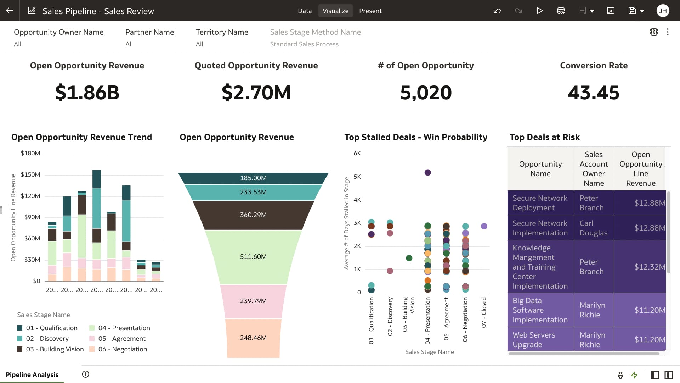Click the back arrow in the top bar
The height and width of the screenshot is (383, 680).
10,11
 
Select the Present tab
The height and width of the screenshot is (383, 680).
370,11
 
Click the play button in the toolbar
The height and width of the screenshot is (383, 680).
539,11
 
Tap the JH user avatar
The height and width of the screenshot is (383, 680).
663,11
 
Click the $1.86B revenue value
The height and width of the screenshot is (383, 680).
87,93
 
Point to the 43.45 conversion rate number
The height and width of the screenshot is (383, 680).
594,93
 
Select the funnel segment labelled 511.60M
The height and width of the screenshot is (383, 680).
253,256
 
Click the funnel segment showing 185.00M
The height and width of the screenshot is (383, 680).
253,178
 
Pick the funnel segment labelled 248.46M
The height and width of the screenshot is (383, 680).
253,338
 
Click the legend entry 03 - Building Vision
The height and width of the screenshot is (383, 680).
55,349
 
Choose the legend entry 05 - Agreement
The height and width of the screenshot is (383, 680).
121,339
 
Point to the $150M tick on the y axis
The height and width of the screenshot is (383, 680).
30,174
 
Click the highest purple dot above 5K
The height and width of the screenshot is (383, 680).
427,172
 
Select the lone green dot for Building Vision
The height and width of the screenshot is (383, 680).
409,258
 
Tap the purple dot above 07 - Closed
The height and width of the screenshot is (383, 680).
484,226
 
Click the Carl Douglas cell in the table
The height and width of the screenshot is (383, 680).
593,228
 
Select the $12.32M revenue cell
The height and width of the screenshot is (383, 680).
640,267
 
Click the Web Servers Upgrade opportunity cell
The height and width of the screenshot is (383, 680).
540,340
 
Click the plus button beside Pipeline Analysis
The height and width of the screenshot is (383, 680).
86,374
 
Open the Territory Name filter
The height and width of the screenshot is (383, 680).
222,38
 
